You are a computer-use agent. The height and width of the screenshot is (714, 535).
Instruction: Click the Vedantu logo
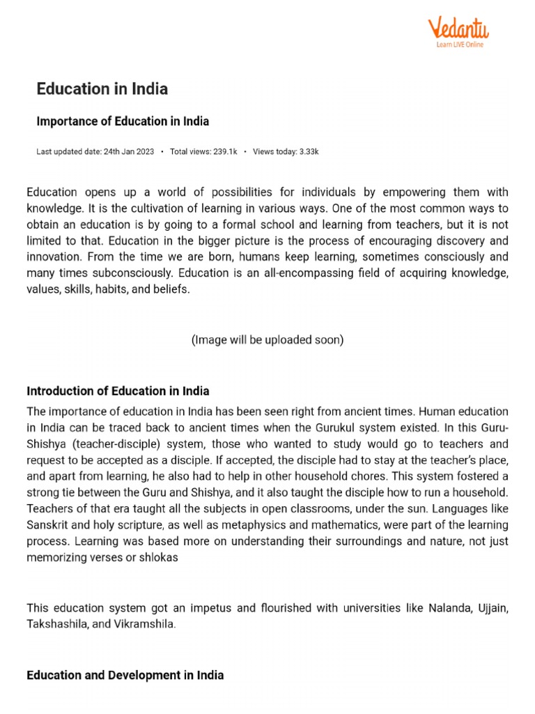pos(458,29)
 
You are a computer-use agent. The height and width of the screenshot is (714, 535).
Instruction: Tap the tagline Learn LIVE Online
pos(459,45)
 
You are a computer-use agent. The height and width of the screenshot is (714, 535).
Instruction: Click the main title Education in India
pos(102,89)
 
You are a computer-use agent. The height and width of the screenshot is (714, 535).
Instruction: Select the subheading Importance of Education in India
pos(123,121)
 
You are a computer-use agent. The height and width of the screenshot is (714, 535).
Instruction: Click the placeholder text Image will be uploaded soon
pos(267,340)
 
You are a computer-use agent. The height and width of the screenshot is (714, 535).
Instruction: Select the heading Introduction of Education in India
pos(118,390)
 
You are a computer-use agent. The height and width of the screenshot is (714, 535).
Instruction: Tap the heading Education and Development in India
pos(125,675)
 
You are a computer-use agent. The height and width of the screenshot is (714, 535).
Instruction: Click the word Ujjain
pos(492,608)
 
